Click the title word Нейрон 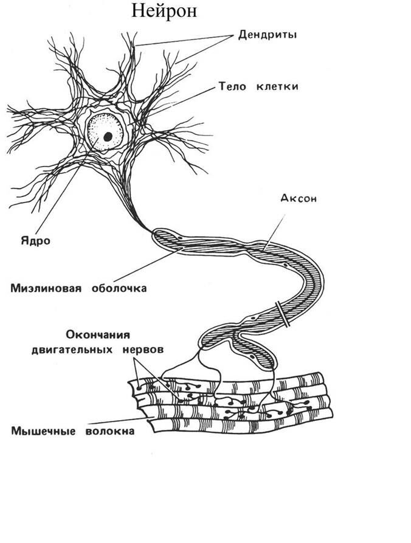(164, 12)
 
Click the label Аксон (300, 198)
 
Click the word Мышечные (41, 432)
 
